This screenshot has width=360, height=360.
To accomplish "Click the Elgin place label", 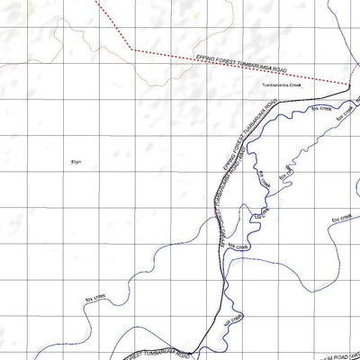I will pos(76,162).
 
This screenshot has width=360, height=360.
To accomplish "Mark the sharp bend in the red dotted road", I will pos(132,49).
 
